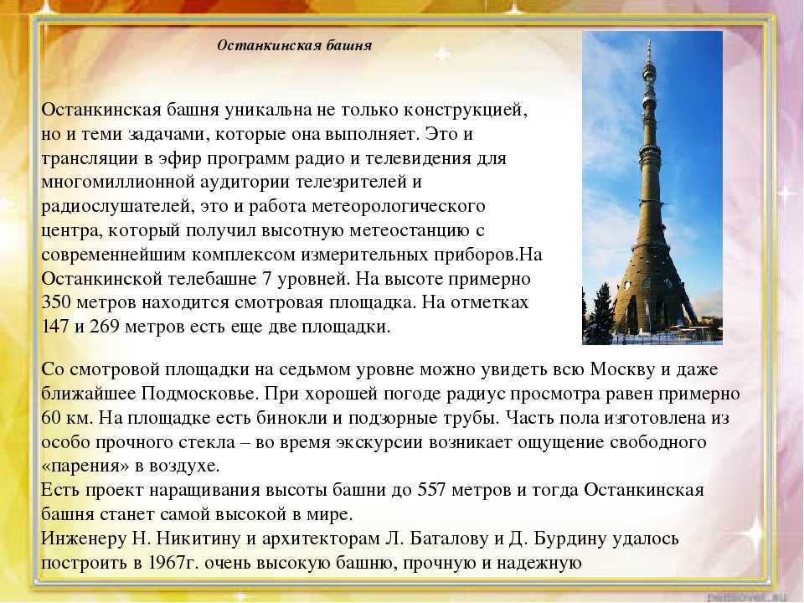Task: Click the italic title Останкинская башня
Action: [x=294, y=45]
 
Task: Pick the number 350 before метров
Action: [x=56, y=302]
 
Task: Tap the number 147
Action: [x=55, y=327]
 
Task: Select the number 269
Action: [x=106, y=327]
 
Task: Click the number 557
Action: [x=434, y=490]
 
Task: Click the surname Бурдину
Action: [x=569, y=539]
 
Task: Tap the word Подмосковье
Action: [x=202, y=394]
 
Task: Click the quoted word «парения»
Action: [x=85, y=466]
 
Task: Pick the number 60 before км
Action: [x=51, y=418]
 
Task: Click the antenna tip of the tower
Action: [x=650, y=40]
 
